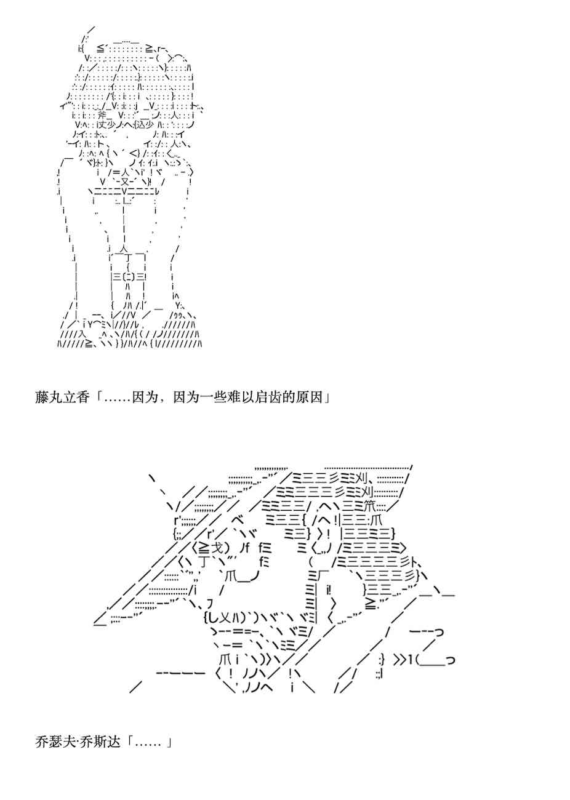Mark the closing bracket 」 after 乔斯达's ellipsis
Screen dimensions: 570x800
pos(167,742)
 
